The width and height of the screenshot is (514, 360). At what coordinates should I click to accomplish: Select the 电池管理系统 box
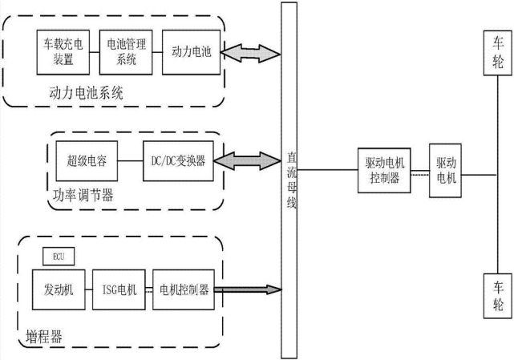pos(121,50)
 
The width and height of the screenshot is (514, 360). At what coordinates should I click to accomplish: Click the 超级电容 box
pos(84,160)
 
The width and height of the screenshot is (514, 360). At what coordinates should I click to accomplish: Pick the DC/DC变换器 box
pos(177,160)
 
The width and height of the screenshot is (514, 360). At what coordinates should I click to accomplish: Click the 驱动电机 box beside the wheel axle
pos(445,170)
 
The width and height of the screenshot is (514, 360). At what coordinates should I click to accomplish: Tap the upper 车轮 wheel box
pos(498,51)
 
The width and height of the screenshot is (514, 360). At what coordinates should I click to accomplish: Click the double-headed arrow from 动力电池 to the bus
pos(250,52)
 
